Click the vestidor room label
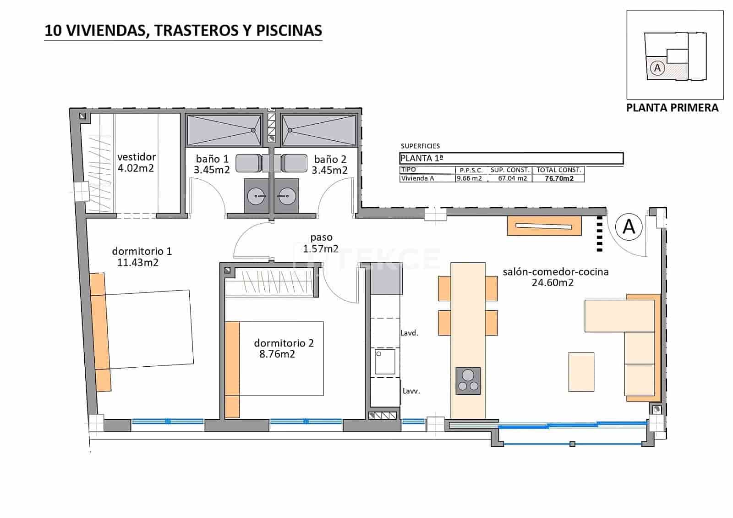tap(136, 157)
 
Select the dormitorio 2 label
tap(284, 343)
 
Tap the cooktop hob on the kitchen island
tap(468, 380)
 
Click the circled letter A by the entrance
tap(629, 226)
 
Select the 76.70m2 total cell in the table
tap(559, 179)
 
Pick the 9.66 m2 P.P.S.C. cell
tap(470, 178)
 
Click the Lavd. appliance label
tap(409, 333)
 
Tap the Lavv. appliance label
tap(411, 391)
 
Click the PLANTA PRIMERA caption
tap(672, 108)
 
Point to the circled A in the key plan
tap(657, 68)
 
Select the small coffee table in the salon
tap(581, 372)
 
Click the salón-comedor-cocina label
tap(555, 272)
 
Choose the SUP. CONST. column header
tap(510, 170)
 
